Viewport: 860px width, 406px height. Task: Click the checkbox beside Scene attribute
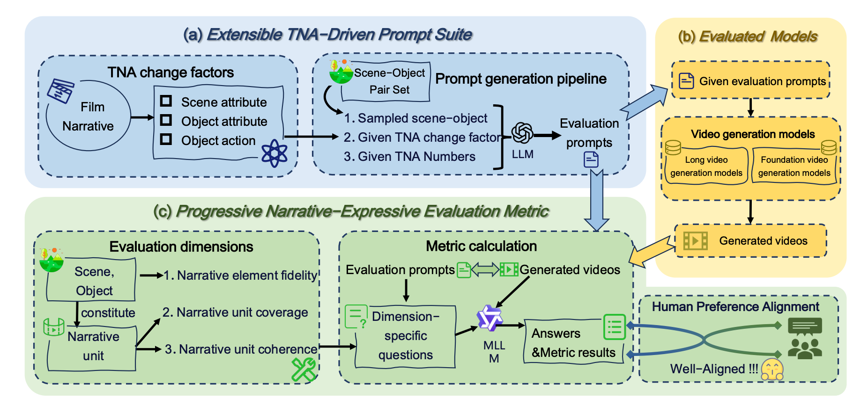point(166,101)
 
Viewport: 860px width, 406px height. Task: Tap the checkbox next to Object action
point(166,139)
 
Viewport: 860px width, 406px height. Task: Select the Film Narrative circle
point(89,116)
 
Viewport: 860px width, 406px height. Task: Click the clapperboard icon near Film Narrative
point(60,90)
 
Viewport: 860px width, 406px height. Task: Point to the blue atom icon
point(274,153)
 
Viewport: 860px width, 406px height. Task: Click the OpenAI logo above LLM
point(522,133)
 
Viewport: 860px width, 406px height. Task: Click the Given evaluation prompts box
point(750,80)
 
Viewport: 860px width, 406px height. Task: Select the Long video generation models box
point(706,166)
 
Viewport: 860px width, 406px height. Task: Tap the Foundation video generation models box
point(794,166)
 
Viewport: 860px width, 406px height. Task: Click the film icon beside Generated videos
point(695,241)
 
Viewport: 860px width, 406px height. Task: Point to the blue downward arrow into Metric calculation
point(597,201)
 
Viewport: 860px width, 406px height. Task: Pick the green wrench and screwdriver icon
point(304,370)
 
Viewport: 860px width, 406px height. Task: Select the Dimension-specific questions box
point(405,336)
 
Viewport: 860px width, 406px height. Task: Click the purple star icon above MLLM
point(489,318)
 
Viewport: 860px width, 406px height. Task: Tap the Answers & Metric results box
point(573,343)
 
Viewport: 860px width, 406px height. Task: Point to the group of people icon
point(804,348)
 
